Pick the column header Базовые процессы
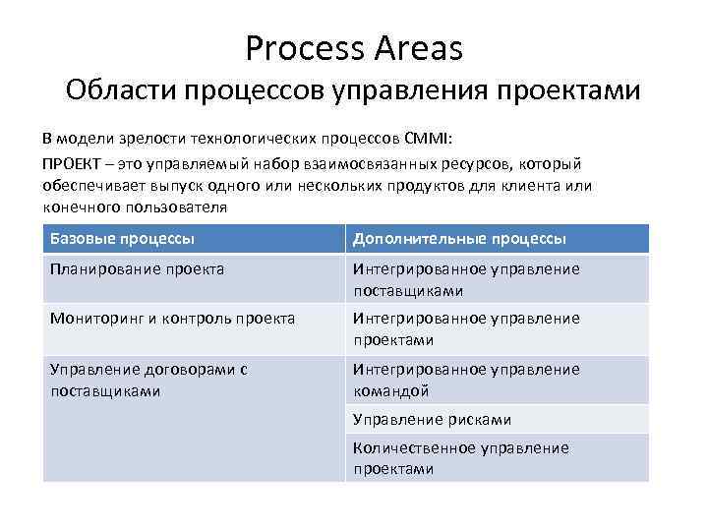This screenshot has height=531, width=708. [x=122, y=239]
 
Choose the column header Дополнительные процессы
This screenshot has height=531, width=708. [x=458, y=239]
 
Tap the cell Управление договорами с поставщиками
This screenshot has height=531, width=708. [x=148, y=380]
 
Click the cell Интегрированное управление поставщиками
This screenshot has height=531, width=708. [x=466, y=279]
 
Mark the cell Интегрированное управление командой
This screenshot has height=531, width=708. [x=466, y=380]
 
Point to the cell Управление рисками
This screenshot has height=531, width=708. [x=432, y=420]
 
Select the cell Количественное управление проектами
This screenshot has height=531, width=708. [x=460, y=458]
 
